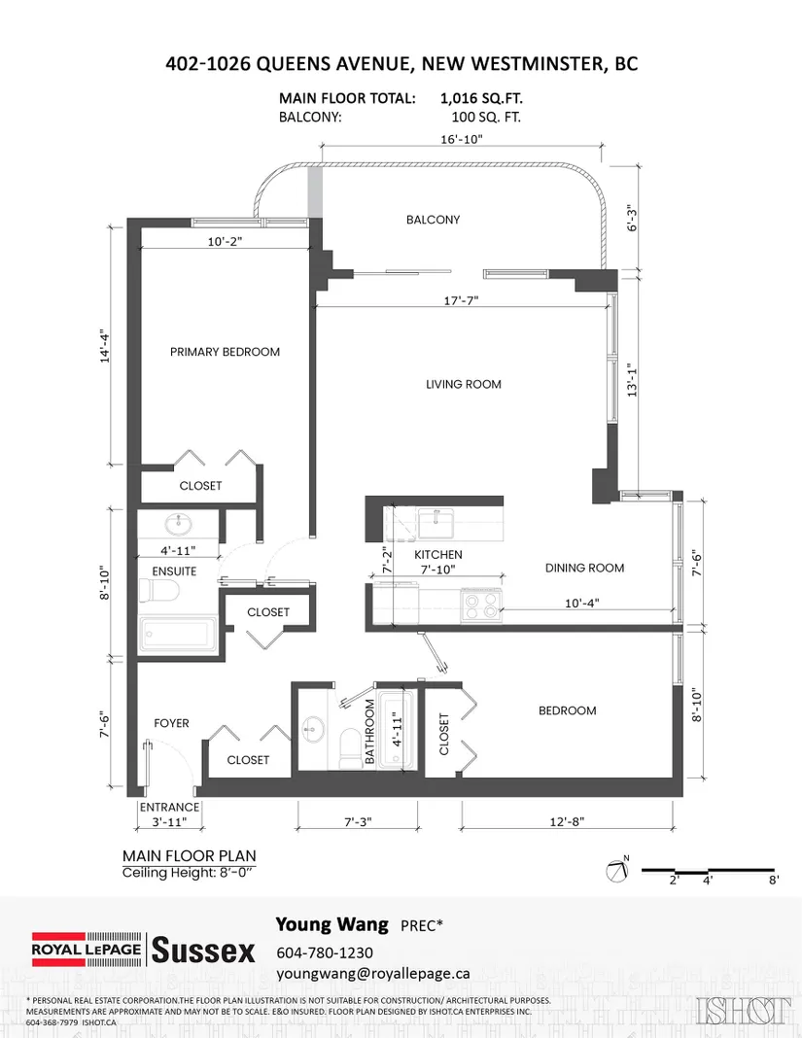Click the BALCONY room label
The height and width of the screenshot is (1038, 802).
(433, 220)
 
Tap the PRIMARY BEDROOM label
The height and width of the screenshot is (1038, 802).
(225, 352)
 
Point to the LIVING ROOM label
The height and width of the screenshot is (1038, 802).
(463, 385)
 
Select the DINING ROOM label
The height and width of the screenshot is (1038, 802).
(584, 568)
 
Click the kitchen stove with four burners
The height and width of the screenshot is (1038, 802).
(481, 605)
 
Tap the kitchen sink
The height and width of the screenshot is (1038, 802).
(436, 523)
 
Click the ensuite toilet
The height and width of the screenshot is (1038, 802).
(158, 591)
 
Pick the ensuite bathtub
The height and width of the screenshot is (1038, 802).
(178, 637)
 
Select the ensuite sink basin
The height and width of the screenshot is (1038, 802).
(178, 525)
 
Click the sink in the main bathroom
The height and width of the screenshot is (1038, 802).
(311, 731)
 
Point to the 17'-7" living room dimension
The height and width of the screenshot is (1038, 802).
(461, 300)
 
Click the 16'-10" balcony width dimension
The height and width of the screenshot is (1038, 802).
(462, 139)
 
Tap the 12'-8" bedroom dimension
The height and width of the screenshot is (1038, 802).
(567, 821)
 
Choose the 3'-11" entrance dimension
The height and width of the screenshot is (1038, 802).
(169, 822)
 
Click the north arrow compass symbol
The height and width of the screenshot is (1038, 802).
(617, 869)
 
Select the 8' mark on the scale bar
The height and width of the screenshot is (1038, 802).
(774, 881)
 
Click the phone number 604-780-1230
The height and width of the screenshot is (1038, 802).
(325, 952)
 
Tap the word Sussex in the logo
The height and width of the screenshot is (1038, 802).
(203, 951)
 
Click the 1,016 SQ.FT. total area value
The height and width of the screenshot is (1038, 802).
(481, 98)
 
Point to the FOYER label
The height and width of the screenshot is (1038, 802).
(171, 723)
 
